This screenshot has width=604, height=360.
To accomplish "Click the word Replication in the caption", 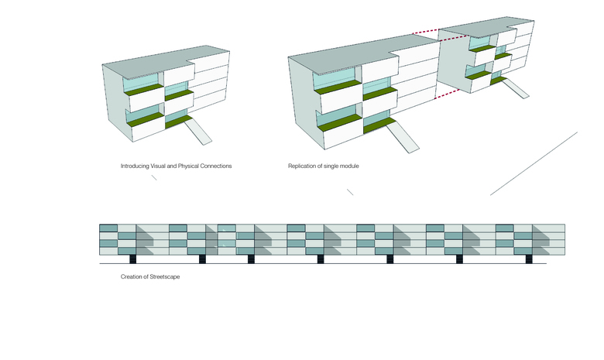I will [x=303, y=166].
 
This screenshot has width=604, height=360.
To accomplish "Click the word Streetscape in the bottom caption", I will [x=163, y=276].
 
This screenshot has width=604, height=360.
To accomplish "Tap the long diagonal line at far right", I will [x=534, y=163].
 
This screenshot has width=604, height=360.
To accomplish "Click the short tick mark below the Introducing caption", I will [x=154, y=178].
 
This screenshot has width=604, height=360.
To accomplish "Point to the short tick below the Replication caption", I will [x=350, y=192].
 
